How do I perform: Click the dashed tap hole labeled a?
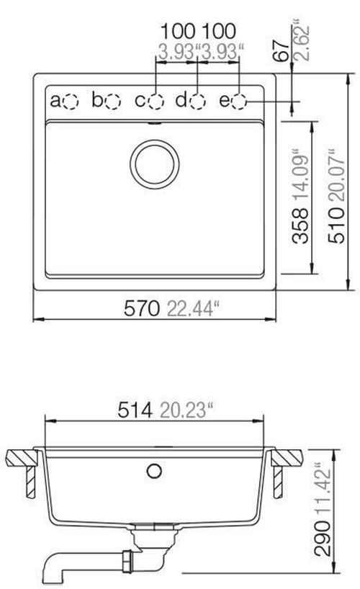[x=71, y=102]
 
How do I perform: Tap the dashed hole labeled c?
[x=156, y=102]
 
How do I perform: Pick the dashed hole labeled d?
[x=198, y=102]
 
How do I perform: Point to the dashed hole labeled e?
[x=240, y=102]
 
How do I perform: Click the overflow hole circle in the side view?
[x=153, y=472]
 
